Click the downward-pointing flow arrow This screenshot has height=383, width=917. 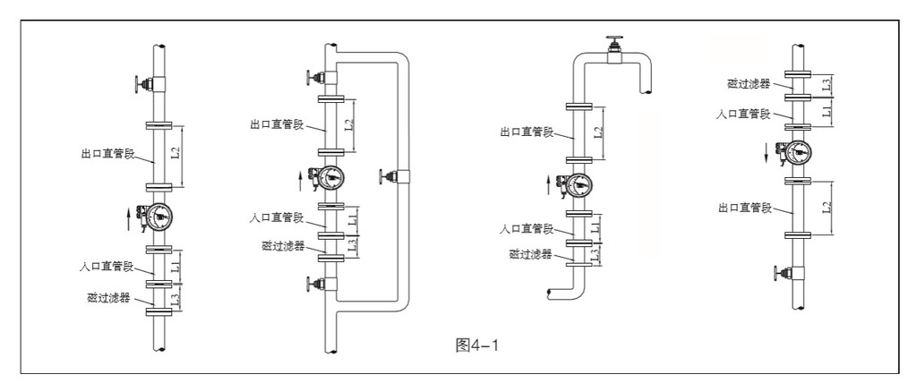[x=767, y=152]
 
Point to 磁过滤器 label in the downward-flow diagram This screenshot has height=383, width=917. [x=748, y=83]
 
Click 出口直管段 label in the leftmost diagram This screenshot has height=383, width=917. [x=107, y=155]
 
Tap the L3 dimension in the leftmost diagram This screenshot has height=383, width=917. [x=176, y=296]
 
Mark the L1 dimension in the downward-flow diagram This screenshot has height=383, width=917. [x=827, y=110]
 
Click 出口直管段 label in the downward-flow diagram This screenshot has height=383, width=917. [x=745, y=207]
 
